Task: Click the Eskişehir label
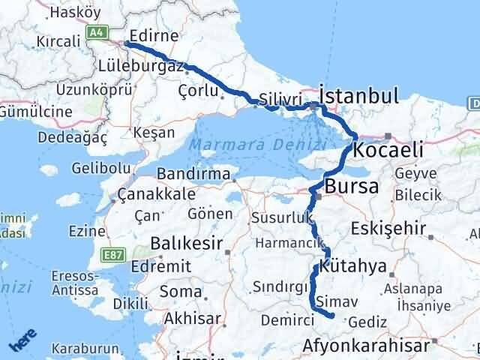click(x=415, y=229)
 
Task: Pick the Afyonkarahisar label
click(x=367, y=346)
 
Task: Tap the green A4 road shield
click(x=95, y=32)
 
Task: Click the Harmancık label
click(x=289, y=244)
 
